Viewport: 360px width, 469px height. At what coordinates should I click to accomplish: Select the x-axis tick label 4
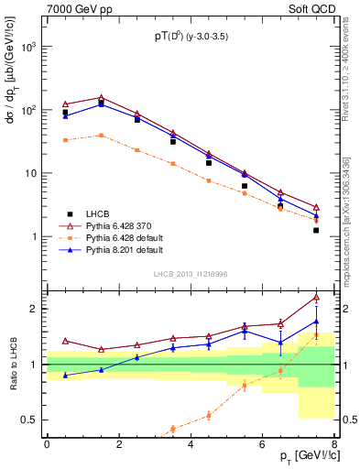[x=190, y=444]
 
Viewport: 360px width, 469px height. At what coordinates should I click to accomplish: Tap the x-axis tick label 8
[x=334, y=444]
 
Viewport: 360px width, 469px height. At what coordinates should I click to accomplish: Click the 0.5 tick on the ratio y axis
[x=30, y=420]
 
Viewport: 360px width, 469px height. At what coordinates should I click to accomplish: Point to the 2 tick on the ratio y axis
[x=36, y=309]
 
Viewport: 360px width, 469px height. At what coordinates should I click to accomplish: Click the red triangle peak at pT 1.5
[x=101, y=97]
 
